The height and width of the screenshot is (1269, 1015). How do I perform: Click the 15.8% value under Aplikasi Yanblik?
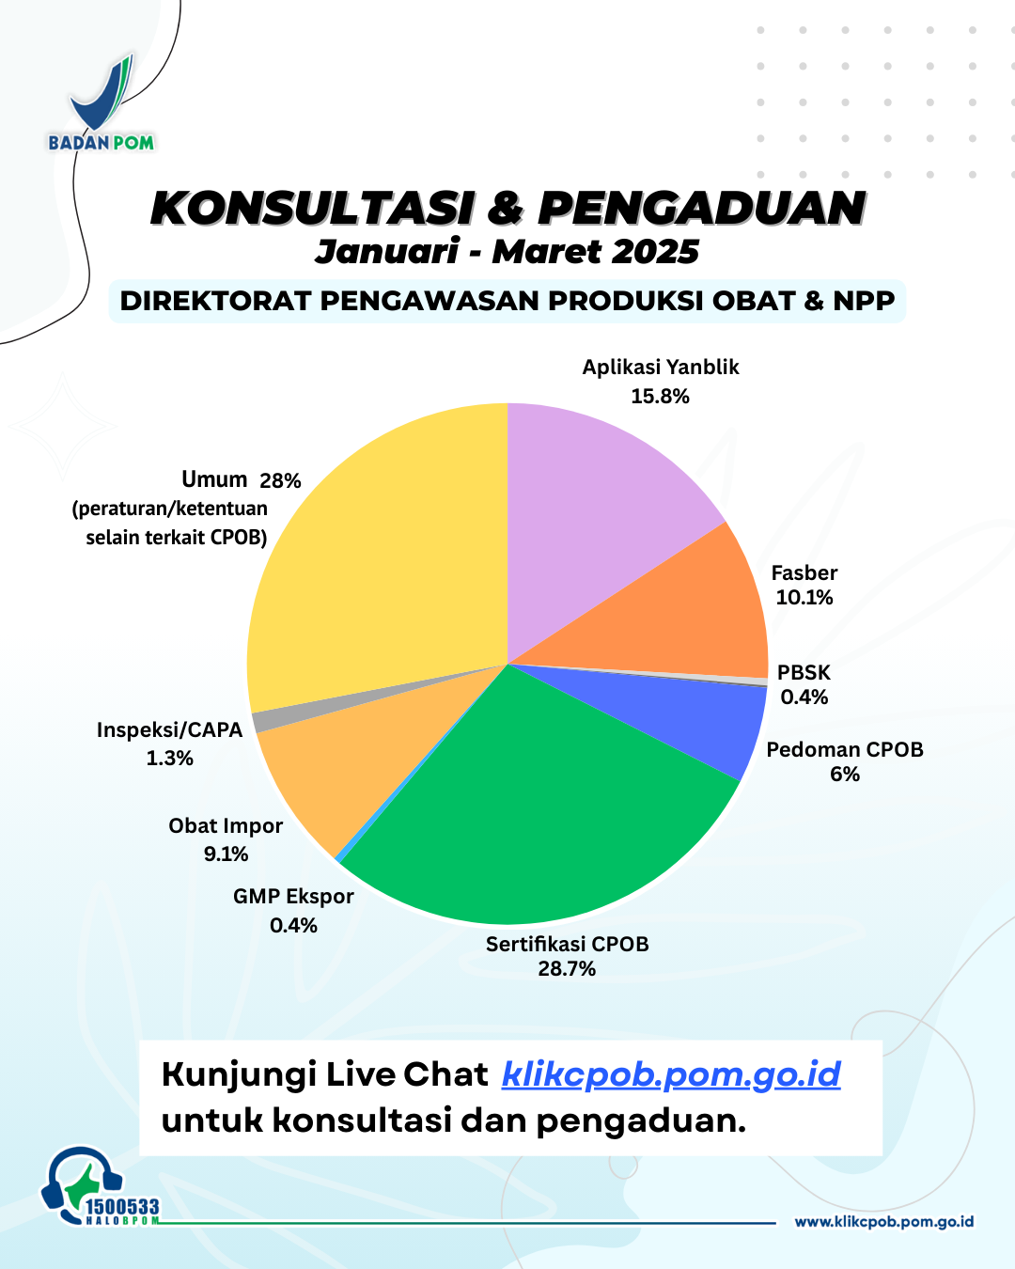tap(660, 397)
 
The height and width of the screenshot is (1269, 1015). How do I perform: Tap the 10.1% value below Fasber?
tap(804, 597)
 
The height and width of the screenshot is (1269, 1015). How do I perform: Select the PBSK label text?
tap(804, 672)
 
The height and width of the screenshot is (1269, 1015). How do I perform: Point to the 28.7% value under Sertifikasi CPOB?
tap(566, 969)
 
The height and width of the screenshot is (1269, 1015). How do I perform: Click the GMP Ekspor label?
tap(293, 896)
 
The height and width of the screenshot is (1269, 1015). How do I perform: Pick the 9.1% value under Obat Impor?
tap(226, 854)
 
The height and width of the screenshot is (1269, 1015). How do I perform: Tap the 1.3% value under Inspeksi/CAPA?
tap(169, 758)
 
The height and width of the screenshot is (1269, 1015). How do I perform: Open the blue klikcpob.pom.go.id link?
tap(671, 1074)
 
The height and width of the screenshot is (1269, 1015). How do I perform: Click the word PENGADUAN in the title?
tap(701, 208)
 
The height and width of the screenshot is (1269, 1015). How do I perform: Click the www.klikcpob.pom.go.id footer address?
tap(883, 1222)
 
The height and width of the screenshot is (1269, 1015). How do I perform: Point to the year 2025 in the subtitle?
tap(654, 252)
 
